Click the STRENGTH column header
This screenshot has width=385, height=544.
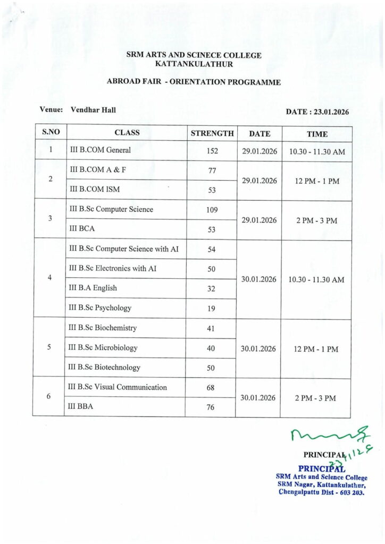[212, 133]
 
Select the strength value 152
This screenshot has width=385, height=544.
[212, 151]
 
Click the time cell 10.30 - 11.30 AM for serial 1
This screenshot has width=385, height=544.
[317, 151]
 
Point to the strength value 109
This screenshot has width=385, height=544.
[212, 209]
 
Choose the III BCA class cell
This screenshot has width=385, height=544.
[82, 229]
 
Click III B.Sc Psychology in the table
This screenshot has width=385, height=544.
[101, 308]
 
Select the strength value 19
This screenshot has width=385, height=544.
[212, 308]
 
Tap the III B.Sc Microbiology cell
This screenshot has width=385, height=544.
[104, 347]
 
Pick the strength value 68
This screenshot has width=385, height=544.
[212, 387]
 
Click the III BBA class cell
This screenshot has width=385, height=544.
[82, 407]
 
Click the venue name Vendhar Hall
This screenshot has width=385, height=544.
[93, 109]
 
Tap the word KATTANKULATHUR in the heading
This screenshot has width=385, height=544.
[194, 64]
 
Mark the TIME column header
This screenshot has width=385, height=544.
[317, 134]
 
